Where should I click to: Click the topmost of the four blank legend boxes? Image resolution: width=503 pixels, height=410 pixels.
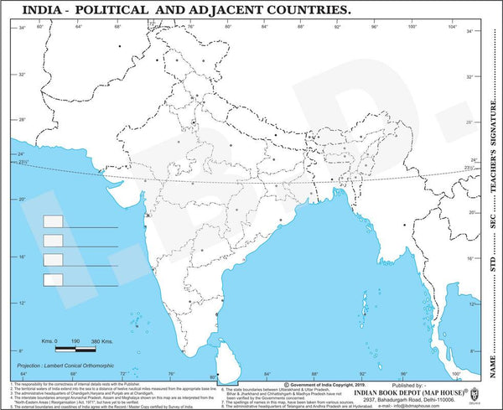pos(53,221)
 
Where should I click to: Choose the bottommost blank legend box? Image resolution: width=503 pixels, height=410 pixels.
pos(53,278)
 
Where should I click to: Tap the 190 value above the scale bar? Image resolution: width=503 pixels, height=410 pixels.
pos(75,341)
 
